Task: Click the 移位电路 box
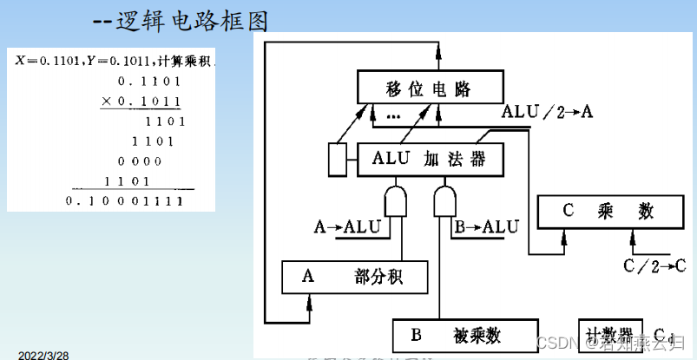431,88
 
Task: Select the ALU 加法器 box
423,159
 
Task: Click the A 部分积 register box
355,277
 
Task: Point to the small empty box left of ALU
337,159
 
